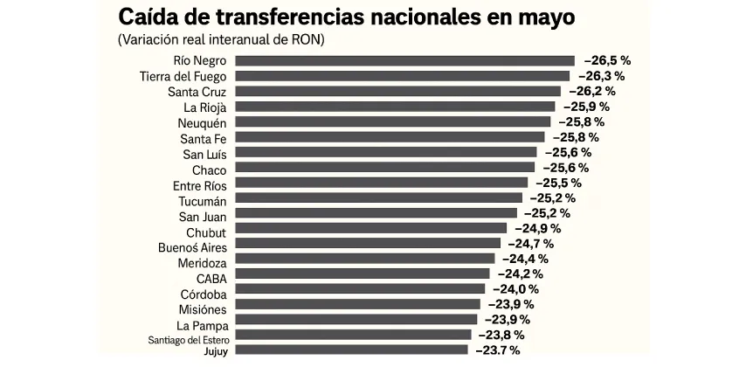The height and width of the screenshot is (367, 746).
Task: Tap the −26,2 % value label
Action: tap(594, 91)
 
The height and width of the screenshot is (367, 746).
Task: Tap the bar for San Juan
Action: tap(376, 212)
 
